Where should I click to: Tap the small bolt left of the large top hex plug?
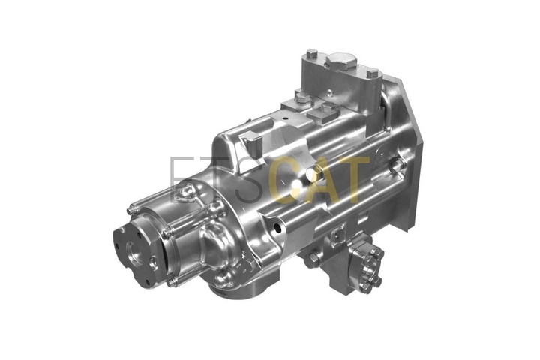tap(312, 55)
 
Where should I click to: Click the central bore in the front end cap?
tap(133, 250)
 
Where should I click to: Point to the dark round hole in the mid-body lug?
tap(277, 228)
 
